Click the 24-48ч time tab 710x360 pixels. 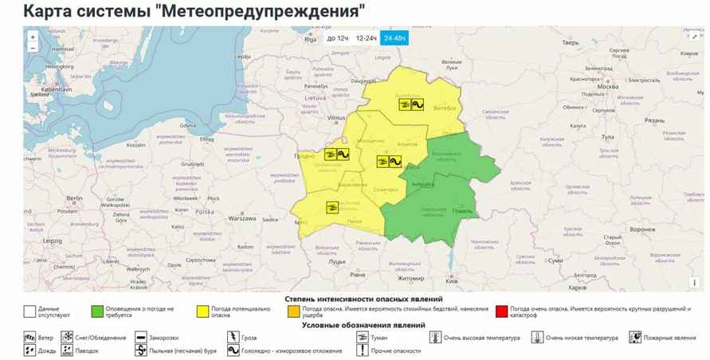pyautogui.click(x=394, y=38)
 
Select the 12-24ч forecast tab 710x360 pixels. pyautogui.click(x=366, y=38)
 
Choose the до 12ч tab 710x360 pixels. pyautogui.click(x=338, y=38)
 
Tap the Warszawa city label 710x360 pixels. pyautogui.click(x=241, y=217)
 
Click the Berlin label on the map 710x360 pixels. pyautogui.click(x=76, y=198)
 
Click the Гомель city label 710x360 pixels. pyautogui.click(x=463, y=211)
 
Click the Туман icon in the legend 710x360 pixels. pyautogui.click(x=361, y=338)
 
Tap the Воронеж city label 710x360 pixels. pyautogui.click(x=642, y=229)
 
